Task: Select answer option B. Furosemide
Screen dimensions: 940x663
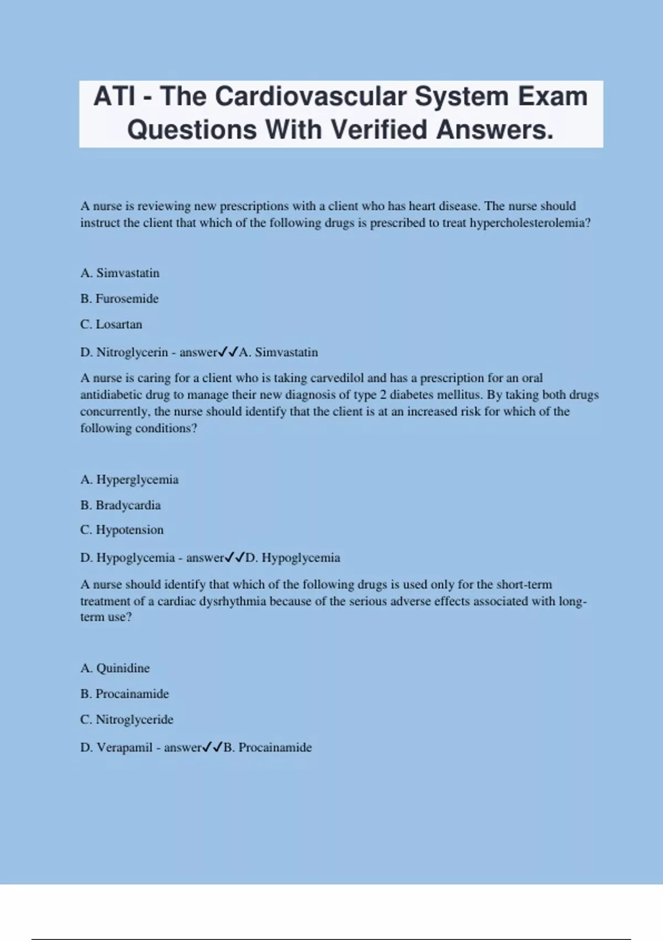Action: (x=119, y=299)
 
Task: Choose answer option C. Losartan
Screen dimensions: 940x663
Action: (x=111, y=325)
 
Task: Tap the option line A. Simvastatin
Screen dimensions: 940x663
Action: (x=120, y=273)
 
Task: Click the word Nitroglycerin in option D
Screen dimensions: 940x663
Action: (x=132, y=352)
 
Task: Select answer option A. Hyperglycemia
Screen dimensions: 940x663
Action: (x=129, y=479)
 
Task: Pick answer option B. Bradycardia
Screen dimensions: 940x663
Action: (x=120, y=505)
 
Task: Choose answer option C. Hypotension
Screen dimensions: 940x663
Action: (x=122, y=530)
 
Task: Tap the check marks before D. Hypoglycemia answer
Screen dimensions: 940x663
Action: (x=235, y=557)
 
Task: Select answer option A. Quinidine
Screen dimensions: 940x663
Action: (x=115, y=668)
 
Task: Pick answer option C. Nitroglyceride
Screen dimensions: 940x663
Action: (x=127, y=719)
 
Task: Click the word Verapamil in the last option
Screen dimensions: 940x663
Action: (x=124, y=748)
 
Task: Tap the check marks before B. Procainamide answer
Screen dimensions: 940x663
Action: (x=213, y=748)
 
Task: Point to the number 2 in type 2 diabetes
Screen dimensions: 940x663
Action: (x=383, y=395)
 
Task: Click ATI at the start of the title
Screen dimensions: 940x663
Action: (x=114, y=96)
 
